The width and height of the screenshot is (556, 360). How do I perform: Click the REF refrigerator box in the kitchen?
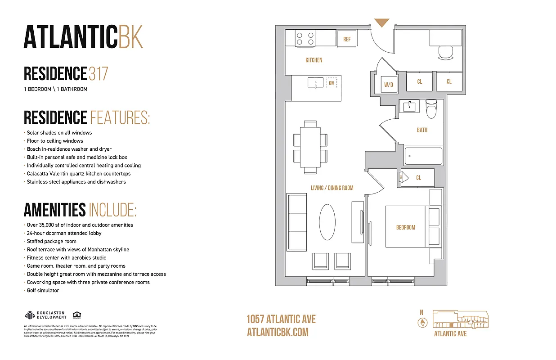(x=347, y=39)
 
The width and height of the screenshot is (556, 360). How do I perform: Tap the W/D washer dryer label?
(x=388, y=84)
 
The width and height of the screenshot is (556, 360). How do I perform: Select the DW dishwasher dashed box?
(x=332, y=83)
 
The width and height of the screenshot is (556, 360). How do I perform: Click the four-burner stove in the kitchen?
(x=305, y=38)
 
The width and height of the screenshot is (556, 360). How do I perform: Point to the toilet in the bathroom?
(x=431, y=108)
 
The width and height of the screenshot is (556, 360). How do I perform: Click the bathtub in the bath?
(x=423, y=156)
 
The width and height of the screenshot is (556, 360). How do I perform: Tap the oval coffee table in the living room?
(x=327, y=222)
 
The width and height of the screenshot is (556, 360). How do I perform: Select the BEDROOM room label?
(x=405, y=227)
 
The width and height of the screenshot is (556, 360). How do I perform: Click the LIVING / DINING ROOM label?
(x=332, y=188)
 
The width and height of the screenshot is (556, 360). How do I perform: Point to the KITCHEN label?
(x=314, y=60)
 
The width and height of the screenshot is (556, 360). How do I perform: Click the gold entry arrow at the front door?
(x=382, y=22)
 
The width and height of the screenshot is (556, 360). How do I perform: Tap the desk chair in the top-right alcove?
(x=446, y=53)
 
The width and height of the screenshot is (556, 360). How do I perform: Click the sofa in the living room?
(x=297, y=219)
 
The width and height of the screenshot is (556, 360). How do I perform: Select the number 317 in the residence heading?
(x=99, y=73)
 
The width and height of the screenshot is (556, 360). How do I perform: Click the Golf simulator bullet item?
(x=43, y=290)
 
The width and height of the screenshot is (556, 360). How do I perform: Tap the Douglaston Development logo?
(x=45, y=315)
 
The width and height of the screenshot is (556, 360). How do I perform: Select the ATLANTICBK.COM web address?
(x=278, y=332)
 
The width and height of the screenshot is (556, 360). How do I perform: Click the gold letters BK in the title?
(x=130, y=37)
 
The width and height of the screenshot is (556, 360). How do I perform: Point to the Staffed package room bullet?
(x=51, y=241)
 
